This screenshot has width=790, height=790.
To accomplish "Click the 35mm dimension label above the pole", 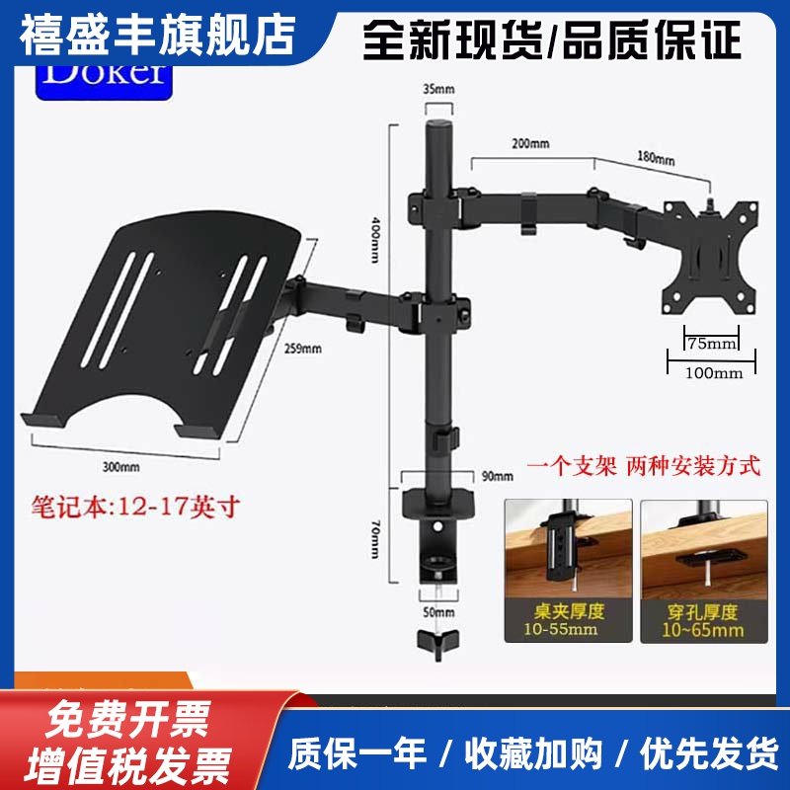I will pyautogui.click(x=437, y=89).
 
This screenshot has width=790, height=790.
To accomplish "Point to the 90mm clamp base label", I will pyautogui.click(x=500, y=476).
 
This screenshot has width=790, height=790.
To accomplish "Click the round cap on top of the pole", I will pyautogui.click(x=436, y=128).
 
